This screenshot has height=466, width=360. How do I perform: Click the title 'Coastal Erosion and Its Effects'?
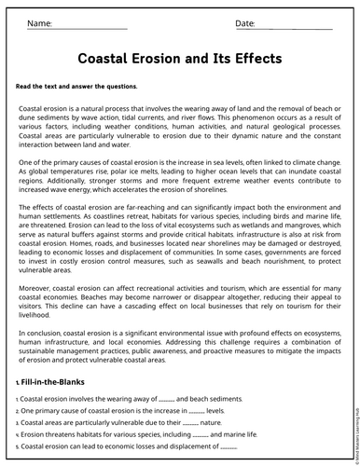click(178, 58)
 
